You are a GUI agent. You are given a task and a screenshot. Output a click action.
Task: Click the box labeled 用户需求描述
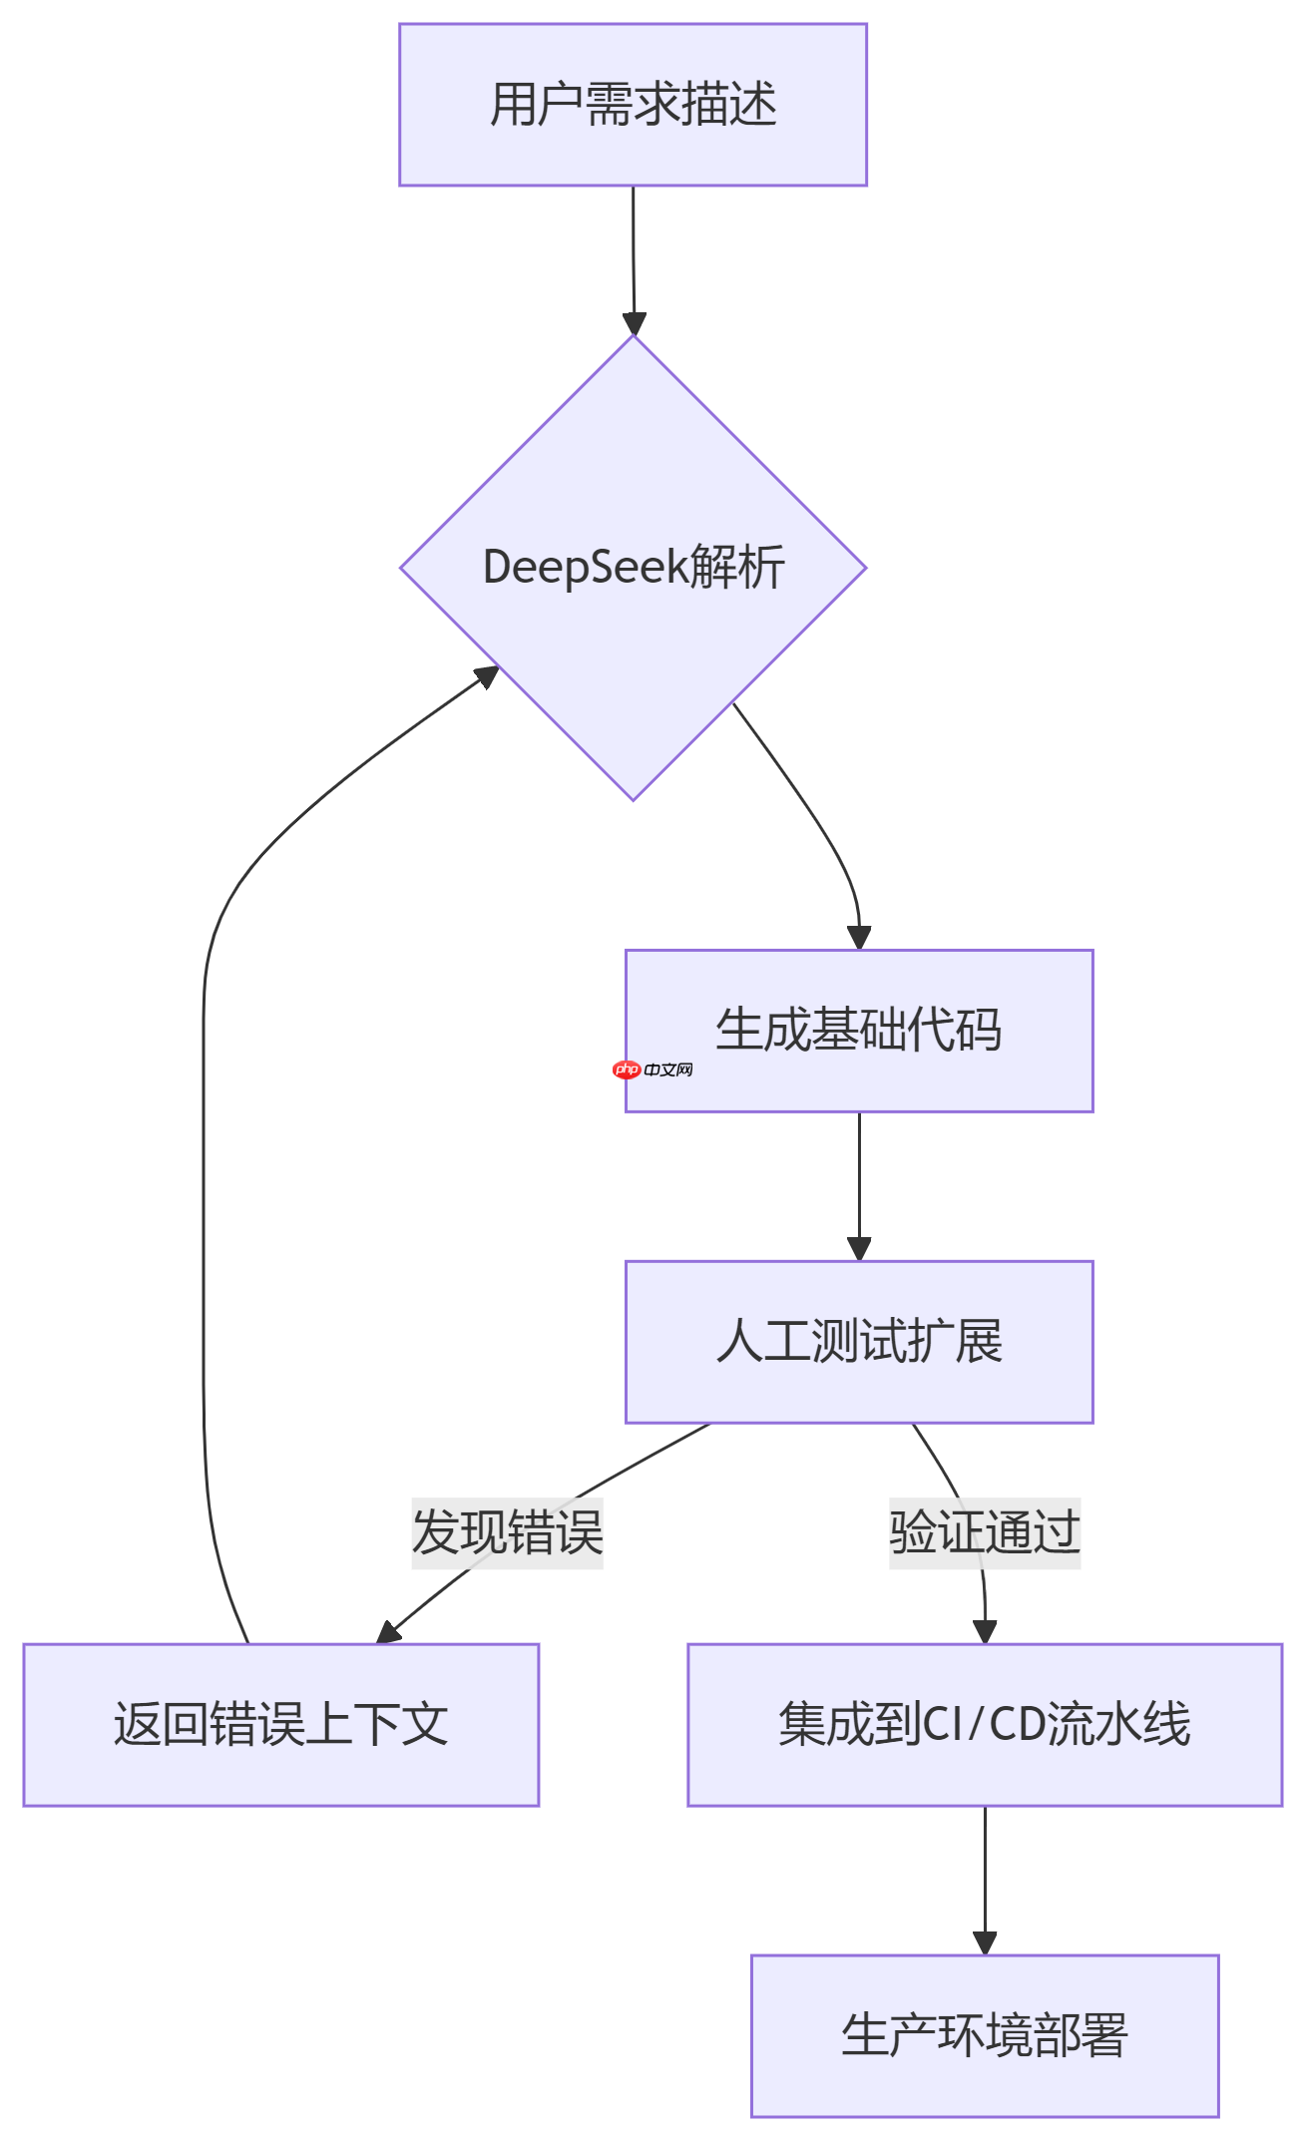[x=633, y=105]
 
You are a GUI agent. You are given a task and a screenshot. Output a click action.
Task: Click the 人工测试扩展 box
[x=859, y=1342]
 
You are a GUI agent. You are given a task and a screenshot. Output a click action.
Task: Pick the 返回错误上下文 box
[x=280, y=1725]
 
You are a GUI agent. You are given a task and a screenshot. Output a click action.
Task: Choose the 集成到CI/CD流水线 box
[x=985, y=1725]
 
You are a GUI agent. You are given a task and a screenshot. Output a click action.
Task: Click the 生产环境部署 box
[x=985, y=2036]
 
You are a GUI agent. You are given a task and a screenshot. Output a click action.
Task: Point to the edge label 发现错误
[x=507, y=1532]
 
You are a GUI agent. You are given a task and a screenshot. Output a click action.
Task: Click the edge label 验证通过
[x=985, y=1532]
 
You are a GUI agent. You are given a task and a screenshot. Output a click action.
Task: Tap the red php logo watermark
[x=627, y=1070]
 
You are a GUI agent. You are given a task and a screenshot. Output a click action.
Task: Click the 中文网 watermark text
[x=668, y=1070]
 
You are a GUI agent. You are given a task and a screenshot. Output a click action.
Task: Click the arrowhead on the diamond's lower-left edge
[x=488, y=676]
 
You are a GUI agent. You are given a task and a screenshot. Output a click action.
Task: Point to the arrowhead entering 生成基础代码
[x=859, y=938]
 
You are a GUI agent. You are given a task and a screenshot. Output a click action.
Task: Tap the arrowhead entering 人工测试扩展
[x=859, y=1249]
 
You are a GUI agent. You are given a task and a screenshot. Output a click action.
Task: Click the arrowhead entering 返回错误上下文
[x=388, y=1633]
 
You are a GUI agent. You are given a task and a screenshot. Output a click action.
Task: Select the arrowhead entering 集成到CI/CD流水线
[x=985, y=1632]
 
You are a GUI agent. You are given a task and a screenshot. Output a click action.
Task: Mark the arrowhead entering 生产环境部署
[x=985, y=1943]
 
